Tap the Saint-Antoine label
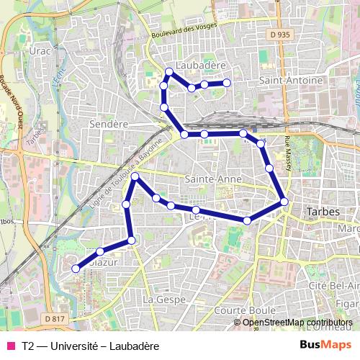click(x=291, y=80)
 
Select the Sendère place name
click(x=108, y=124)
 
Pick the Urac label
click(x=37, y=52)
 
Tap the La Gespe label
click(x=165, y=298)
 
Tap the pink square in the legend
click(x=11, y=346)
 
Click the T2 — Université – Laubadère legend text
click(x=90, y=346)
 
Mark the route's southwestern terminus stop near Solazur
click(x=75, y=269)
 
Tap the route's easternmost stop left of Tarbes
click(x=284, y=202)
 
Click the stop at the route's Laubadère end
click(x=227, y=83)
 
